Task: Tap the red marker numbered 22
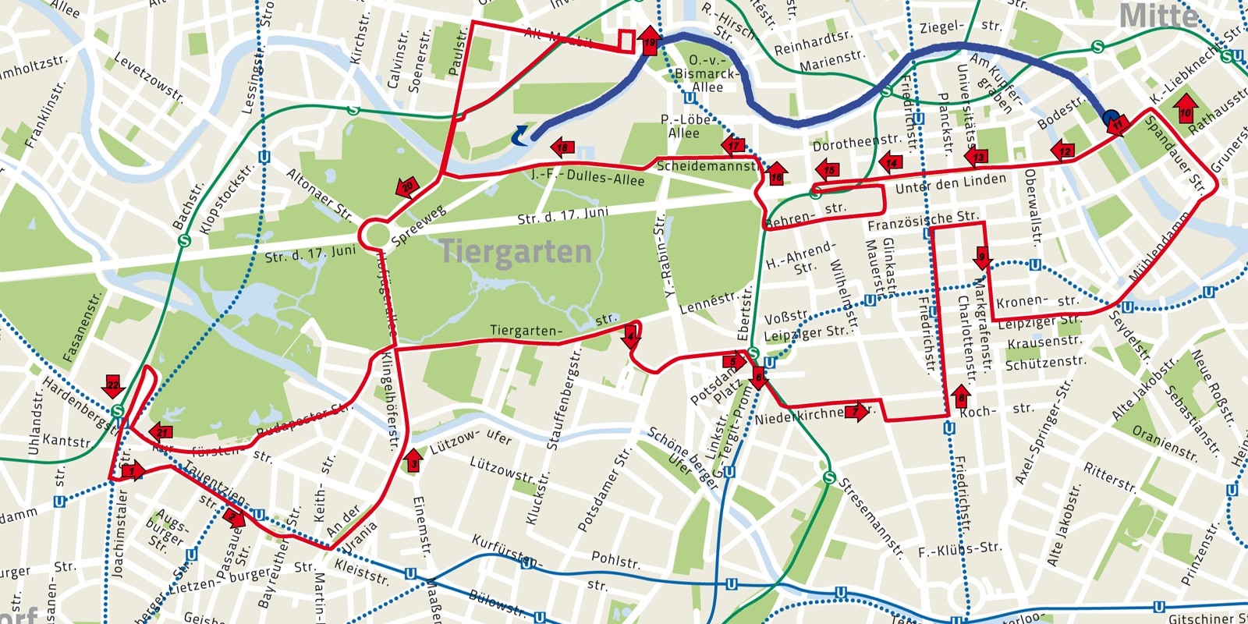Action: click(113, 385)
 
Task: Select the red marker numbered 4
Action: click(632, 339)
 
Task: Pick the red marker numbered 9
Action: click(983, 257)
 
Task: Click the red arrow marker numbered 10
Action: click(1186, 107)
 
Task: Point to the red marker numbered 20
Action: click(407, 188)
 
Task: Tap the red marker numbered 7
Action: click(856, 411)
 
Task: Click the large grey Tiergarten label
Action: click(516, 252)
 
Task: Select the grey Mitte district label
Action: click(1158, 16)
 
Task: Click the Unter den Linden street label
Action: click(951, 184)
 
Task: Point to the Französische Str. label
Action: click(923, 220)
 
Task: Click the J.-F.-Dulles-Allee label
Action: click(587, 177)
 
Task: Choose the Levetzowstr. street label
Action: click(148, 78)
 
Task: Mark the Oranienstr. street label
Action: click(1165, 443)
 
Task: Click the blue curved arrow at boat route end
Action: click(519, 136)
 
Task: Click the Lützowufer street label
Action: click(471, 441)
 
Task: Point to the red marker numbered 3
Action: click(413, 460)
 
